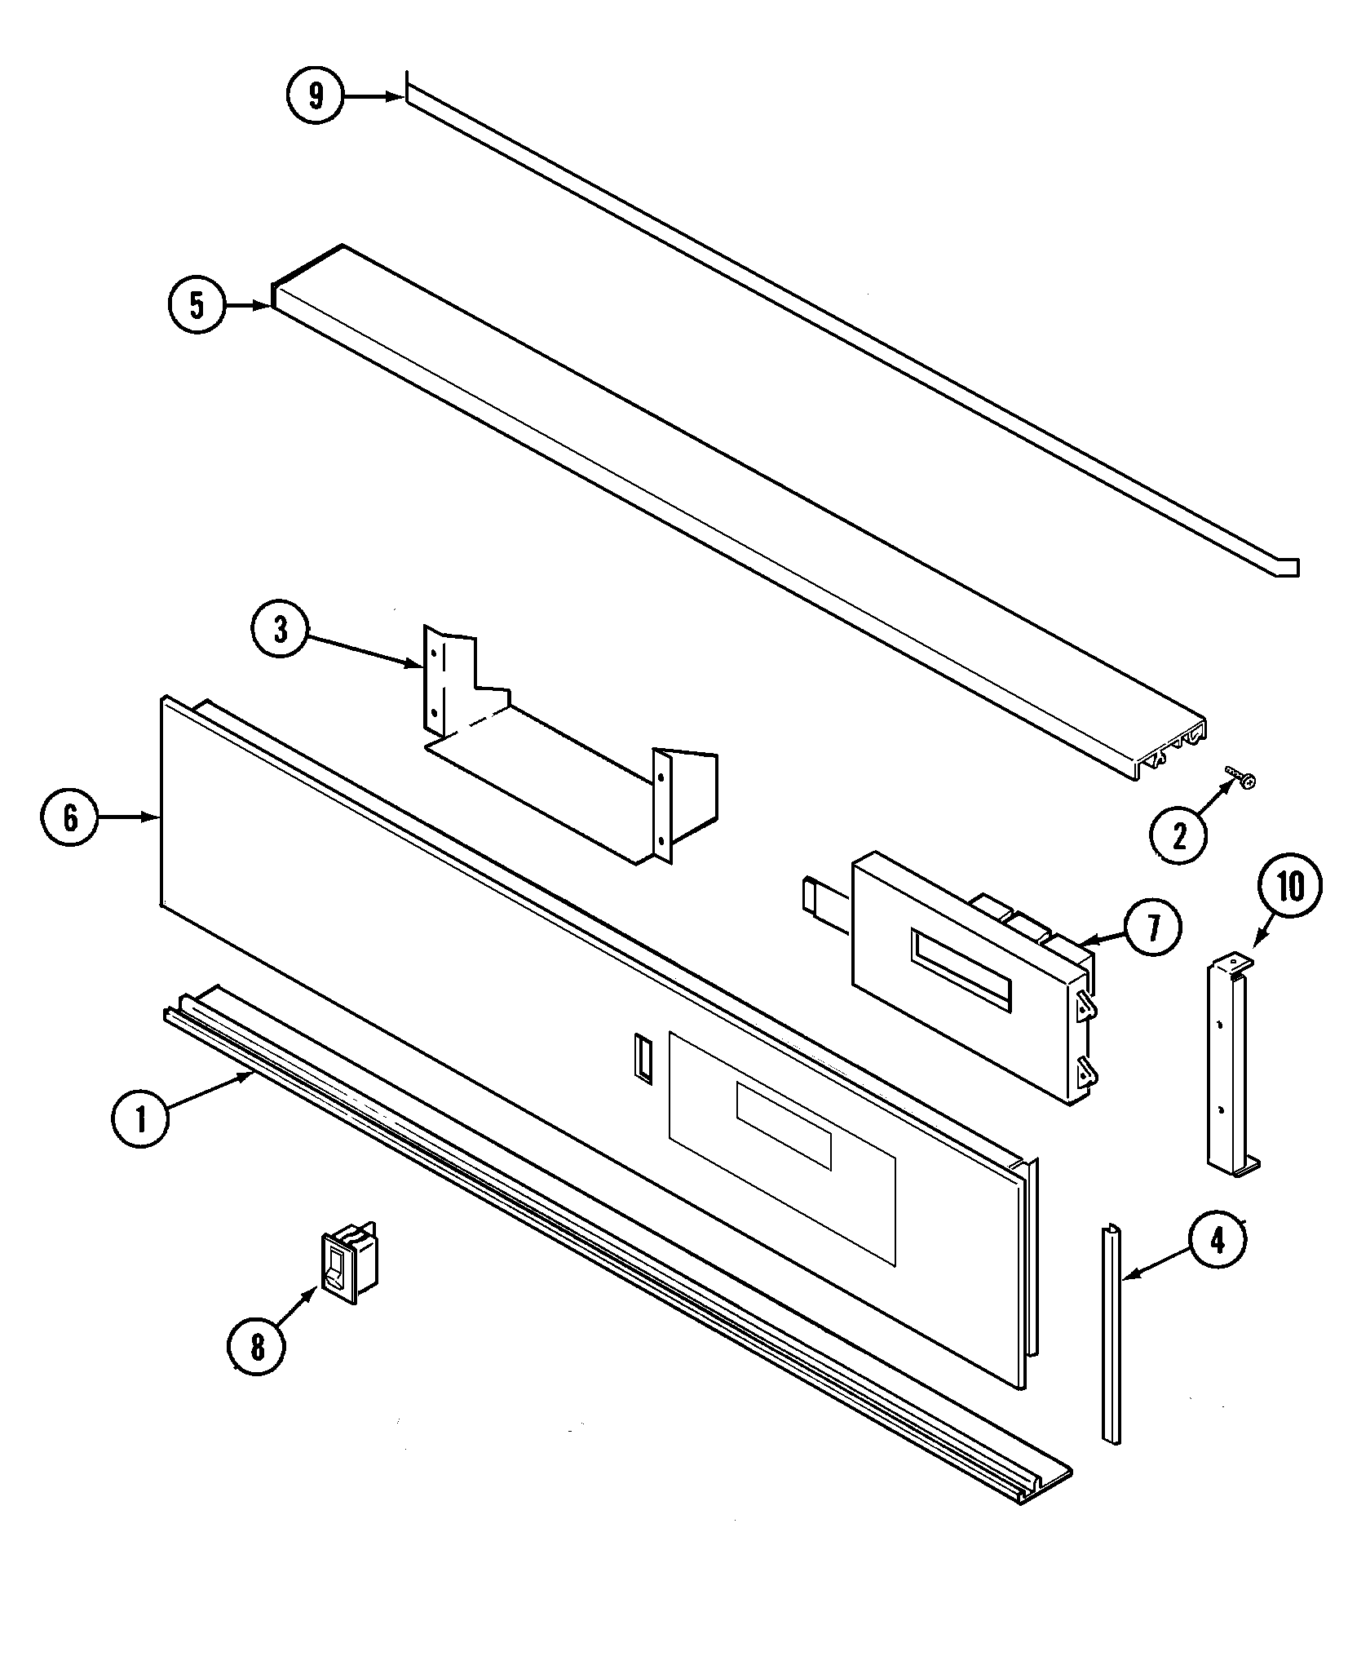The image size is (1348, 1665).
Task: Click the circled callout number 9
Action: (x=316, y=95)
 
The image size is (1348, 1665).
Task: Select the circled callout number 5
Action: (x=197, y=305)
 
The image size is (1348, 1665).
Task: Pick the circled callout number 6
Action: (x=70, y=817)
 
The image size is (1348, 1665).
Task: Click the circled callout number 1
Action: (x=140, y=1120)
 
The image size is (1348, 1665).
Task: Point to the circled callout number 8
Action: (x=258, y=1347)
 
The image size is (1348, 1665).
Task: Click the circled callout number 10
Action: (x=1290, y=888)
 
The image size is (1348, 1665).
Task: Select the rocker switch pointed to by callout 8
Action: (x=350, y=1273)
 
